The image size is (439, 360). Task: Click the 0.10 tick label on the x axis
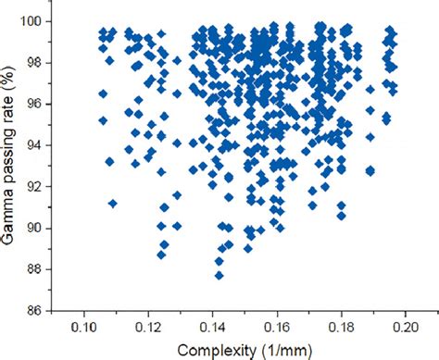83,328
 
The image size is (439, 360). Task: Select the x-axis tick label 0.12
148,328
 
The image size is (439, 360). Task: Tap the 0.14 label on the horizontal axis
213,328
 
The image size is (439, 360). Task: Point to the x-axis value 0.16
277,328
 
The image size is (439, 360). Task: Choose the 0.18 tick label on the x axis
342,328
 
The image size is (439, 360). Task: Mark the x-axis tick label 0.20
406,328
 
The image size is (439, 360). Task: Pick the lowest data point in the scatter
219,274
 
